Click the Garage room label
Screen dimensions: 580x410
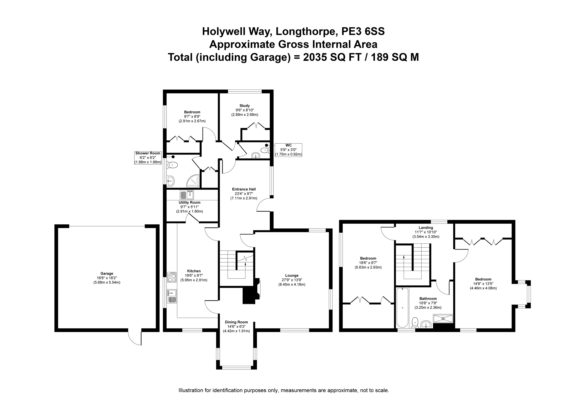pyautogui.click(x=107, y=273)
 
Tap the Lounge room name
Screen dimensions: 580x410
pyautogui.click(x=292, y=275)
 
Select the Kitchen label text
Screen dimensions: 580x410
pyautogui.click(x=194, y=271)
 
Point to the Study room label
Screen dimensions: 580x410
pyautogui.click(x=244, y=105)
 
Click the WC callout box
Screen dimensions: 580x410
pyautogui.click(x=288, y=150)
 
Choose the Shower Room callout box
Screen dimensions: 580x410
pyautogui.click(x=148, y=158)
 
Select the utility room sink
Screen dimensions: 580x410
pyautogui.click(x=187, y=195)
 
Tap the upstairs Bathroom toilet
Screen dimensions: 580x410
pyautogui.click(x=415, y=323)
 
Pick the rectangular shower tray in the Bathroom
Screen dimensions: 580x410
pyautogui.click(x=443, y=318)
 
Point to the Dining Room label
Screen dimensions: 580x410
pyautogui.click(x=236, y=322)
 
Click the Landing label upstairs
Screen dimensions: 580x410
pyautogui.click(x=426, y=228)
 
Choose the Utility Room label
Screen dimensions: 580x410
pyautogui.click(x=189, y=202)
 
